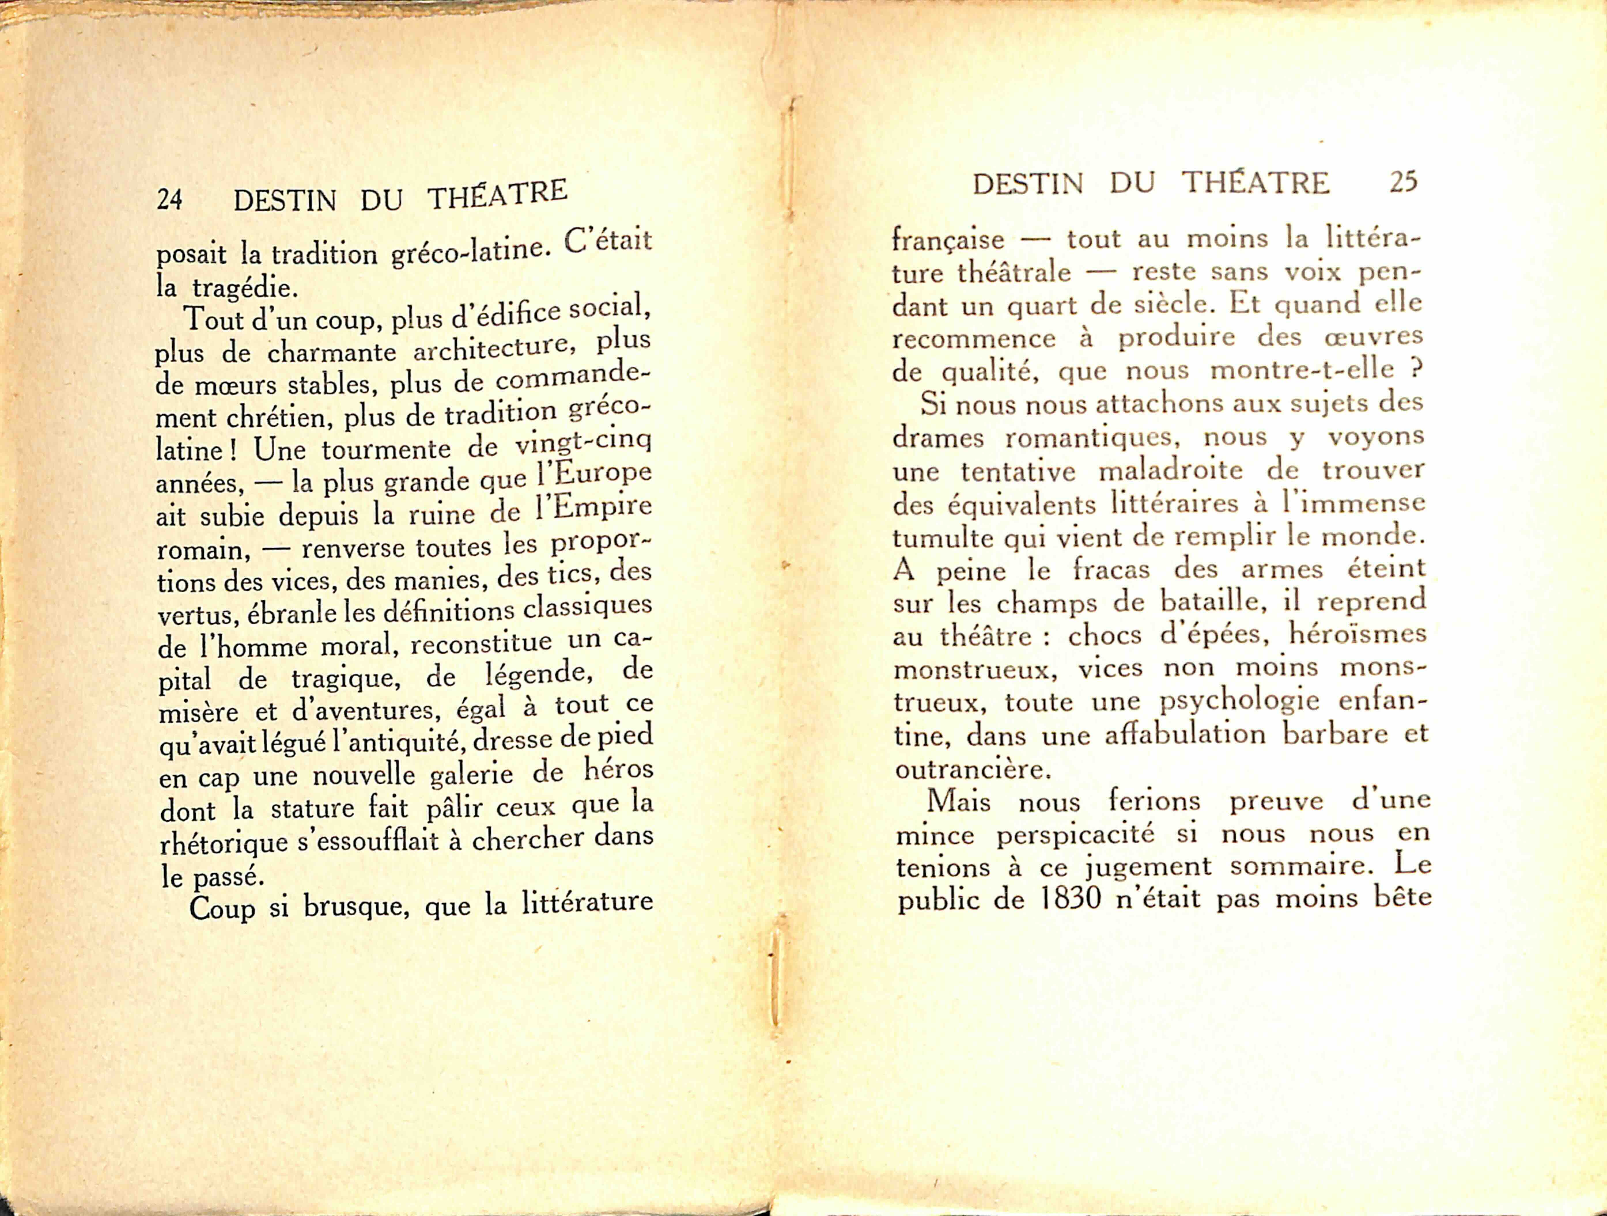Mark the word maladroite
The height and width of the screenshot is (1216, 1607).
pos(1170,471)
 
